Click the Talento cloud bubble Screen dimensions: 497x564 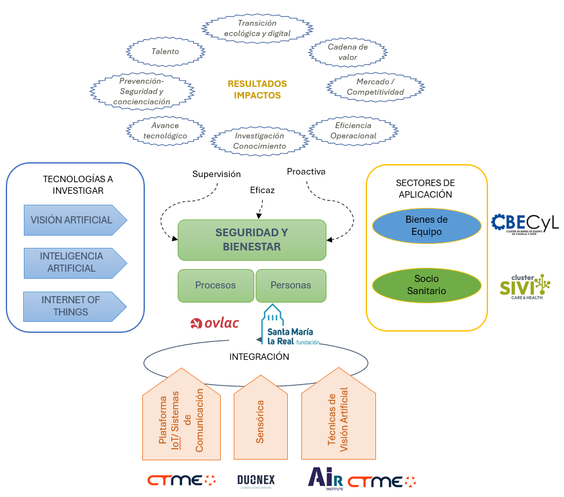[165, 51]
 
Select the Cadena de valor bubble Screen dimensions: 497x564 [348, 52]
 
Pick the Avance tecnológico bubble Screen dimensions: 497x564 [165, 131]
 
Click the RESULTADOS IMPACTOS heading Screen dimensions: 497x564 [257, 89]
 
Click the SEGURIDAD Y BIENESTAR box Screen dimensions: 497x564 [252, 239]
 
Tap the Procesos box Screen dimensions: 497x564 [216, 285]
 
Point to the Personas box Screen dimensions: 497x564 [290, 285]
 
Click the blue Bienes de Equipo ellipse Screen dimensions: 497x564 [426, 225]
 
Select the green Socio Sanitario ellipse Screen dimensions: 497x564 [426, 285]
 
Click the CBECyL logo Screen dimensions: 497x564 [525, 224]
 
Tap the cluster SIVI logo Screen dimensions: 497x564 [525, 285]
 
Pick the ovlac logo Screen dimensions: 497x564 [215, 323]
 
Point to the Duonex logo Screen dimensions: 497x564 [256, 481]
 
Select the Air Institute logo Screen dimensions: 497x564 [325, 479]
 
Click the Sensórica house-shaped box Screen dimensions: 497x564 [260, 418]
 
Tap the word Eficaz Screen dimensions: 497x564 [262, 190]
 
